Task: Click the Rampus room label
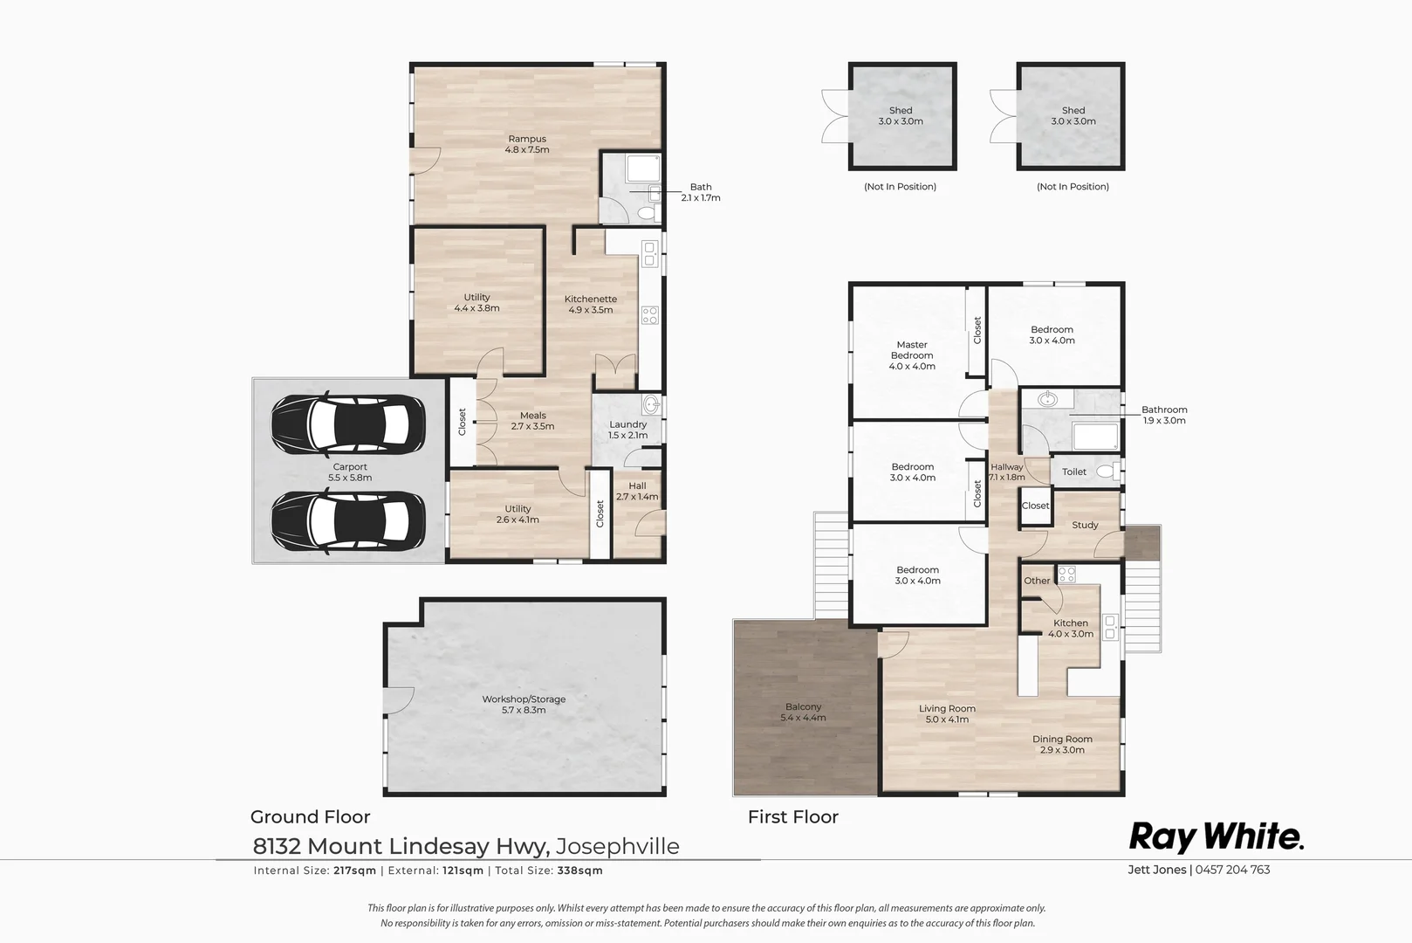pos(527,144)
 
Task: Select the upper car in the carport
pos(348,424)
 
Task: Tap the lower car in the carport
pos(348,521)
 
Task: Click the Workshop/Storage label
pos(524,705)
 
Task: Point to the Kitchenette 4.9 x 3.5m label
pos(591,304)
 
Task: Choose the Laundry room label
pos(628,430)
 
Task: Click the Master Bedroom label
pos(912,355)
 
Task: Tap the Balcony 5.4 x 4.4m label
pos(803,712)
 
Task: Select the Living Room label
pos(947,714)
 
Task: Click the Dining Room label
pos(1062,744)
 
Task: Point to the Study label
pos(1085,525)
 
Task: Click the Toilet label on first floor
pos(1074,471)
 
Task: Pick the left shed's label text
pos(901,116)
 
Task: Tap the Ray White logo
pos(1217,836)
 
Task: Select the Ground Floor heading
pos(310,817)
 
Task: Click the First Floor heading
pos(792,817)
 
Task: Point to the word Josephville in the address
pos(618,846)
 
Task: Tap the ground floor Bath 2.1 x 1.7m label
pos(701,192)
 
